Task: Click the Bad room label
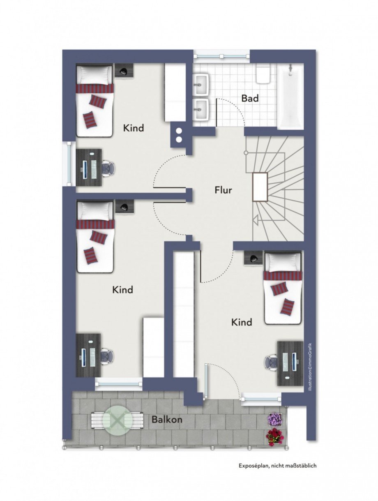[x=250, y=98]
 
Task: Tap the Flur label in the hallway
[x=223, y=190]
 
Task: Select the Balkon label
[x=167, y=420]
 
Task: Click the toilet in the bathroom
[x=263, y=74]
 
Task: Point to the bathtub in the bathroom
[x=290, y=97]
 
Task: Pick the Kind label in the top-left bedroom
[x=134, y=128]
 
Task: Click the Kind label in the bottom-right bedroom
[x=242, y=322]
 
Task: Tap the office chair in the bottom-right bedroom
[x=271, y=363]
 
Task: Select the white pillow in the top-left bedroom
[x=94, y=74]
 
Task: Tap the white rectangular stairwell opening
[x=260, y=187]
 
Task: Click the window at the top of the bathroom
[x=221, y=56]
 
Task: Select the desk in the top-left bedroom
[x=89, y=168]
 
